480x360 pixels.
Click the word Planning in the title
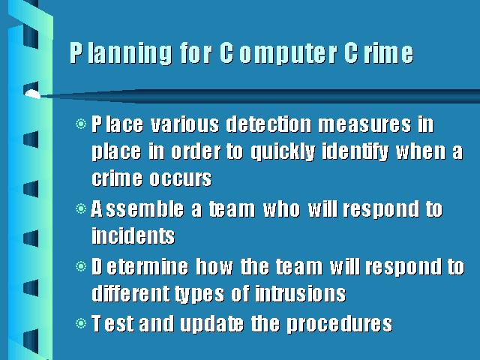121,52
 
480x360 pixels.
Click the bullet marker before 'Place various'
81,124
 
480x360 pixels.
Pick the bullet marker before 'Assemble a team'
81,208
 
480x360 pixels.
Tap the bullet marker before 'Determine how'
81,266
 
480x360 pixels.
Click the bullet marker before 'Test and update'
81,323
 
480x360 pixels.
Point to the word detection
269,124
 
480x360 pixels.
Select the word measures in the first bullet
365,125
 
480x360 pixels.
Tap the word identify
355,151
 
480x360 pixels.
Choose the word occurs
181,178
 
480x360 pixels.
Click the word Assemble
137,208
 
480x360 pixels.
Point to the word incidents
133,235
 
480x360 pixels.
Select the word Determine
140,266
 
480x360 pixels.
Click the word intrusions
300,293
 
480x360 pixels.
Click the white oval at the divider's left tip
32,94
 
